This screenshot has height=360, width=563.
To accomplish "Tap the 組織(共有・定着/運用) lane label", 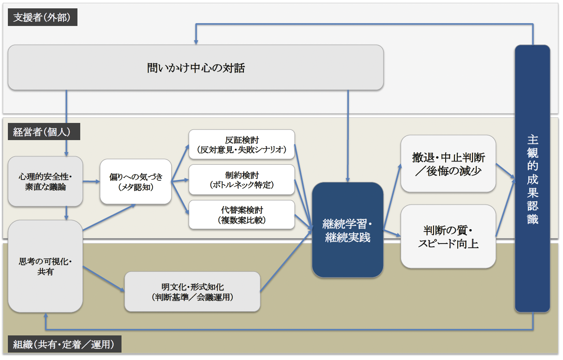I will [x=64, y=344].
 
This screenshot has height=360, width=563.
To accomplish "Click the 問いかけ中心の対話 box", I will [x=196, y=68].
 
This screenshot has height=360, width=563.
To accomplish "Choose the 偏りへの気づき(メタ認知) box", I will [x=135, y=181].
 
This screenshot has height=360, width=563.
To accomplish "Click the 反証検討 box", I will [x=242, y=144].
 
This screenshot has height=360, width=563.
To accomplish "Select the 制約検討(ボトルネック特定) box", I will [x=242, y=180].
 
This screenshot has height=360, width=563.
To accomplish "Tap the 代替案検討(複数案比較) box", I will [x=242, y=215].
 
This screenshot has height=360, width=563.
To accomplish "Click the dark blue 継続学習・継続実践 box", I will [x=347, y=230].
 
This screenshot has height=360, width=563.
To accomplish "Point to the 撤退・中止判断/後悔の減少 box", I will [x=448, y=164].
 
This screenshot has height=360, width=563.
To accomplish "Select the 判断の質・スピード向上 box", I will [x=448, y=237].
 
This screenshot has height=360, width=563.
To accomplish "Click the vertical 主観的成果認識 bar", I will [x=532, y=179].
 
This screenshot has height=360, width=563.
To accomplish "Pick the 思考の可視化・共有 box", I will [x=45, y=266].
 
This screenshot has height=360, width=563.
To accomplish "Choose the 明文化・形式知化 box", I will [x=192, y=292].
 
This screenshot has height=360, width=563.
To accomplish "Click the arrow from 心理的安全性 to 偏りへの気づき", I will [x=91, y=181].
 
